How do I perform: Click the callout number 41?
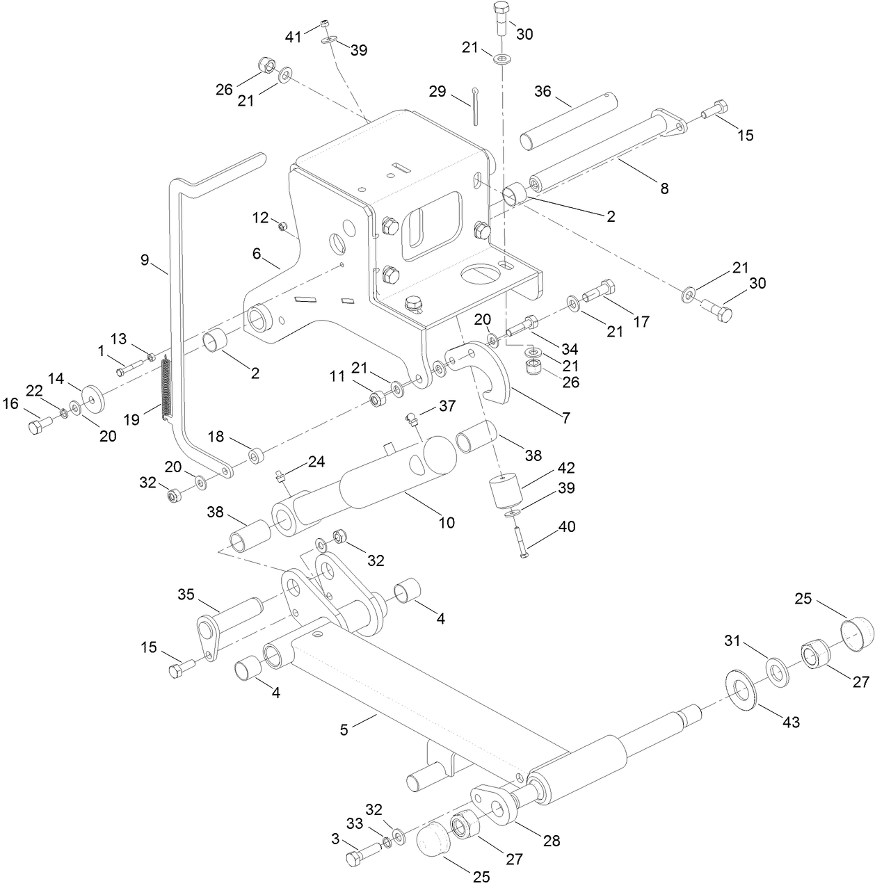(294, 36)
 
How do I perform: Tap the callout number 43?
(791, 722)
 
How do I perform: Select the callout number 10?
(446, 522)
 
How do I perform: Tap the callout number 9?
(144, 259)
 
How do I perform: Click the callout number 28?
(552, 841)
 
